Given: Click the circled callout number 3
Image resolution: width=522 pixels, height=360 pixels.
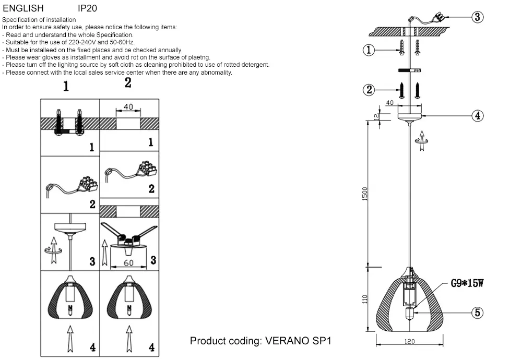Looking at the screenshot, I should (x=478, y=17).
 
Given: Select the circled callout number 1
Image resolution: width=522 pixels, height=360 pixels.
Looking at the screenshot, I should (x=369, y=50).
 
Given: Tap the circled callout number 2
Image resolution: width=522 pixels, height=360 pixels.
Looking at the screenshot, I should (x=369, y=90).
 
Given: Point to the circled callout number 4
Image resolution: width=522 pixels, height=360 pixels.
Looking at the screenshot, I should (x=478, y=116).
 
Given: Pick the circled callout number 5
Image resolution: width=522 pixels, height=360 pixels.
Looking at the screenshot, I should (x=478, y=313).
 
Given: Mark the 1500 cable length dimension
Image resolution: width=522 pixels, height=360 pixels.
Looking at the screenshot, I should (x=365, y=193).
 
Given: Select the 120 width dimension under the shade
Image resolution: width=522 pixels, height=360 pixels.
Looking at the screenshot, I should (x=409, y=342).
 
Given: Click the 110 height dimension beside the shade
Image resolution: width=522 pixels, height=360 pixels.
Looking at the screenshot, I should (x=365, y=299).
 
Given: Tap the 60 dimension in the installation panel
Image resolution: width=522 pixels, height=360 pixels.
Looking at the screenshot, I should (x=128, y=262).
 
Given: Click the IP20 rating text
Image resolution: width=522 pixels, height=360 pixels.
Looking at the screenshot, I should (x=87, y=8).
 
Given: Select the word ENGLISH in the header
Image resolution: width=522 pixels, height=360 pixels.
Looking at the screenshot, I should (x=23, y=8).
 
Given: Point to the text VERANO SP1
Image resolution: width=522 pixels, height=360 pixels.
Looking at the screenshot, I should (x=298, y=341).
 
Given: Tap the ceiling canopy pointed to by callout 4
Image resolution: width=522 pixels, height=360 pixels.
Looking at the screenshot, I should (x=410, y=116).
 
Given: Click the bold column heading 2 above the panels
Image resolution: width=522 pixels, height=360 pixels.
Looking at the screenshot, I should (x=128, y=83).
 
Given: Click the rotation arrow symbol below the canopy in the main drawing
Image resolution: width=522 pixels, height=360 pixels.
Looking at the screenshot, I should (x=421, y=138).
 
